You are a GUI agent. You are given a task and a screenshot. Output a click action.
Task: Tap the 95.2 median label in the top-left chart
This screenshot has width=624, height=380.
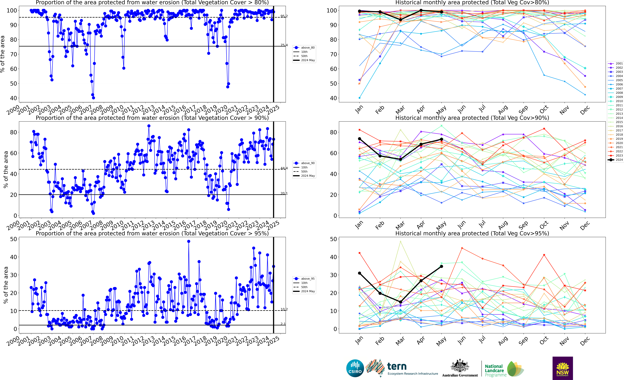pyautogui.click(x=284, y=16)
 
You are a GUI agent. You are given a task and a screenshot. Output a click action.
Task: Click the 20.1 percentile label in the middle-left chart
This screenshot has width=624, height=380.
pyautogui.click(x=284, y=194)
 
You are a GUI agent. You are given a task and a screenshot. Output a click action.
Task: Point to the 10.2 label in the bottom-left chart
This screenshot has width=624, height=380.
pyautogui.click(x=284, y=309)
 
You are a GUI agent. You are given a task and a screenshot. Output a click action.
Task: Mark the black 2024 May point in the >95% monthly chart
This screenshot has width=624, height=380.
pyautogui.click(x=441, y=266)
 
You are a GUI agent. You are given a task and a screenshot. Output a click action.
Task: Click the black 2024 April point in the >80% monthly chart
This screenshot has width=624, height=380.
pyautogui.click(x=421, y=10)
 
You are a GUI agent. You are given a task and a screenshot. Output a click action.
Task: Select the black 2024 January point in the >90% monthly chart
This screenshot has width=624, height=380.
pyautogui.click(x=359, y=139)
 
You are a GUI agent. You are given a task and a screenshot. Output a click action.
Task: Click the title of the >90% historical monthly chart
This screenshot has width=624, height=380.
pyautogui.click(x=472, y=118)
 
